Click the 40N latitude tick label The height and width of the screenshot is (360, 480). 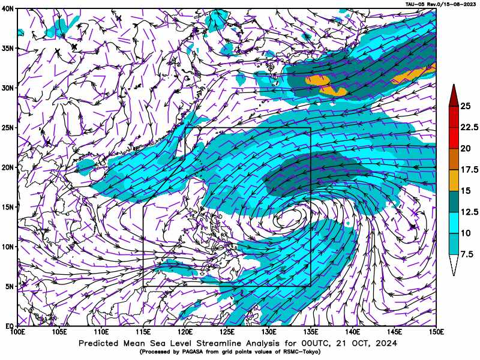click(x=8, y=8)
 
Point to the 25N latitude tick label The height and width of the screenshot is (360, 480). click(x=8, y=127)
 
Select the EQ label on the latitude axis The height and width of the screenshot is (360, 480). click(x=9, y=326)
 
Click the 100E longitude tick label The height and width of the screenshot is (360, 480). click(x=17, y=332)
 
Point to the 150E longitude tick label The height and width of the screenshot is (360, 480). click(x=436, y=332)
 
